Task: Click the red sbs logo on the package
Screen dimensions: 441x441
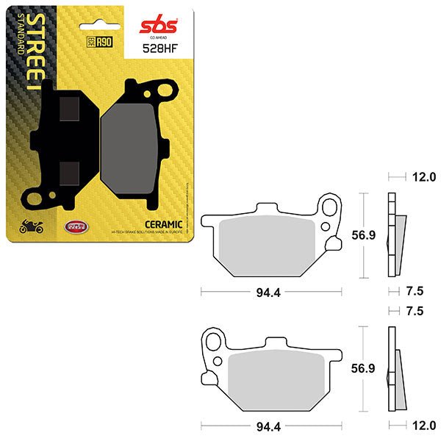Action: click(156, 27)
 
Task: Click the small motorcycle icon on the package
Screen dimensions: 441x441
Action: click(31, 228)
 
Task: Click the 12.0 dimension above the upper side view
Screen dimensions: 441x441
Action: click(425, 177)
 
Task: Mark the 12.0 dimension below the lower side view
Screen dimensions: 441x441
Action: click(425, 426)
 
